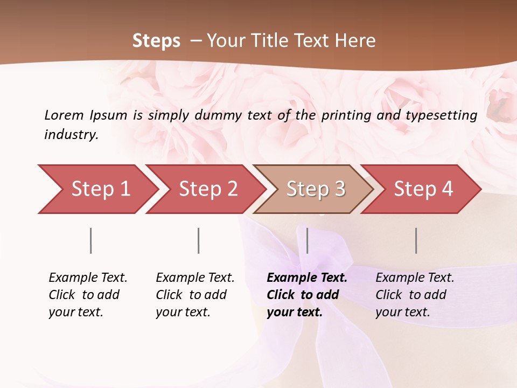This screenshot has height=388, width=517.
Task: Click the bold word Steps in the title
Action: [x=156, y=41]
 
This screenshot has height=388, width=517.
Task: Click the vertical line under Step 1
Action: [x=91, y=240]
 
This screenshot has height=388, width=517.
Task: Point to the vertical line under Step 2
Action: [x=199, y=240]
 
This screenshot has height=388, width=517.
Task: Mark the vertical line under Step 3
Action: [x=307, y=240]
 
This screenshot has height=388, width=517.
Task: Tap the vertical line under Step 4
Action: [x=416, y=240]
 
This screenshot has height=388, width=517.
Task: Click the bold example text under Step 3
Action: [x=307, y=295]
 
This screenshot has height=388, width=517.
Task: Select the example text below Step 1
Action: [x=88, y=295]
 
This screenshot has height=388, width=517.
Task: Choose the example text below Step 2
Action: [x=195, y=295]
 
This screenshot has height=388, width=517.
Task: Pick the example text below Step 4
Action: [x=415, y=295]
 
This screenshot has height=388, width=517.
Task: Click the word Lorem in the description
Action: [x=64, y=115]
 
